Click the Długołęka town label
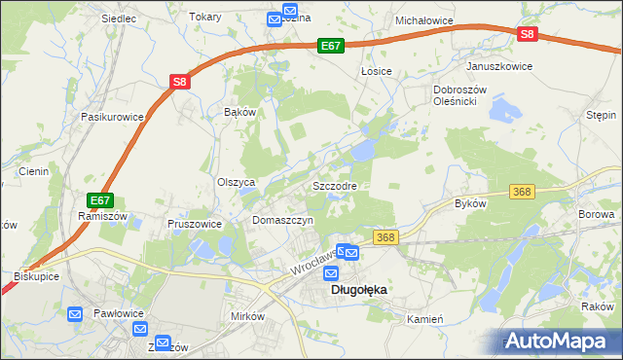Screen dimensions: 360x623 (359, 290)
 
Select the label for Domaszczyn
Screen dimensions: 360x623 (282, 221)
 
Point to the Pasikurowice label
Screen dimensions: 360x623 (113, 117)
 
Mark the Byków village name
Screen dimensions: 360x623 (470, 203)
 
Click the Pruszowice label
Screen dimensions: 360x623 (195, 223)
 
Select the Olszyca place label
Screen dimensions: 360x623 (236, 182)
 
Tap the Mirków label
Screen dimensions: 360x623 (247, 317)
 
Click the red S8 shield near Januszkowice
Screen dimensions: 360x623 (526, 34)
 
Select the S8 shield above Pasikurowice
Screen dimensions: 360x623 (179, 83)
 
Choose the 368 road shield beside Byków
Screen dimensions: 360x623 (522, 193)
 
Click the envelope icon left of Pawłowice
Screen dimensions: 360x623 (76, 314)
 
